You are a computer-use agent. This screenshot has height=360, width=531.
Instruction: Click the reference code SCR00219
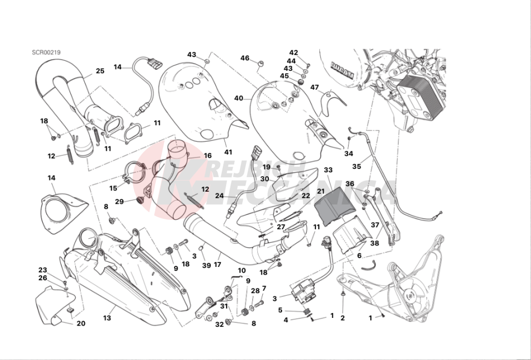(x=45, y=53)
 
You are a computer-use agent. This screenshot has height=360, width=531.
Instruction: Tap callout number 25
(x=100, y=71)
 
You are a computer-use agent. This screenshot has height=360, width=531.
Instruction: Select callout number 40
(x=239, y=98)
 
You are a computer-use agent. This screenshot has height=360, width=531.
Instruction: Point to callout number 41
(x=228, y=151)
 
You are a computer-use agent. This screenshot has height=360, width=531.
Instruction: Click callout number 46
(x=244, y=58)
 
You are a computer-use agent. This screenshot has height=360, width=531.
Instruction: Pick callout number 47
(x=314, y=87)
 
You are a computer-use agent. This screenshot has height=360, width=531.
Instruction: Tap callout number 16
(x=208, y=156)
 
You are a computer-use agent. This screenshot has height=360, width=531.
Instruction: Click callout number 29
(x=119, y=202)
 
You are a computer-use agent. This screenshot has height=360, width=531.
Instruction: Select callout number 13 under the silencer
(x=107, y=318)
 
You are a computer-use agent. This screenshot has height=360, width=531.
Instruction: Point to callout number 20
(x=81, y=323)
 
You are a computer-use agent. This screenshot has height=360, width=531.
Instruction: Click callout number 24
(x=219, y=196)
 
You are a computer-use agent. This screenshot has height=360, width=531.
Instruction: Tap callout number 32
(x=219, y=324)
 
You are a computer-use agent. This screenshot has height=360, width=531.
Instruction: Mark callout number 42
(x=294, y=53)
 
